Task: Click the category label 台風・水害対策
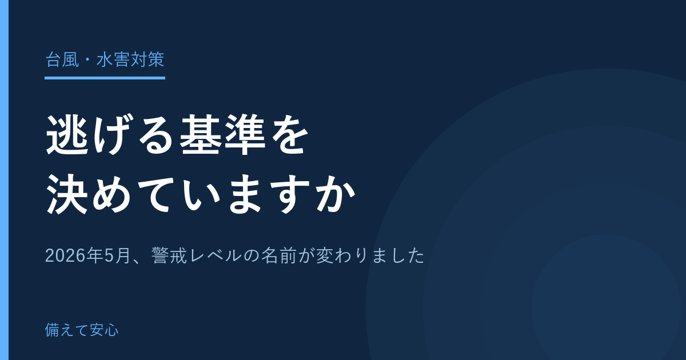pos(105,59)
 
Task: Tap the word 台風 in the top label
pos(62,59)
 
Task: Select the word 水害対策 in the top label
pos(130,59)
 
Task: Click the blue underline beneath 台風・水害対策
pos(105,78)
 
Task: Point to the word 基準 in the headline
pos(222,134)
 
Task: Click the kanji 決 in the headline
pos(67,194)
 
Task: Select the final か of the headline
pos(336,194)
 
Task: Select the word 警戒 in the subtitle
pos(169,255)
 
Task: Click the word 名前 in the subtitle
pos(279,255)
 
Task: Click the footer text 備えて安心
pos(82,330)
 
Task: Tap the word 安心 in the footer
pos(104,330)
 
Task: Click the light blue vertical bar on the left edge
pos(5,180)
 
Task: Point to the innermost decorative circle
pos(607,303)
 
